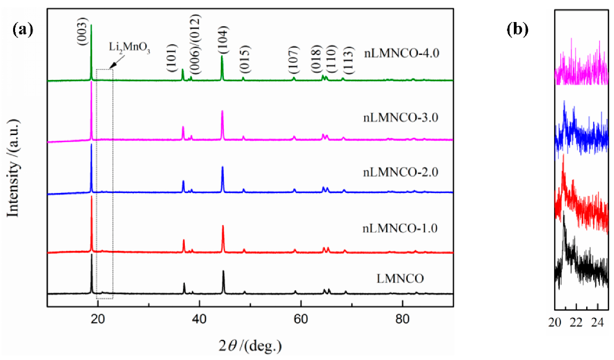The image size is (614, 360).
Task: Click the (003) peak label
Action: coord(83,32)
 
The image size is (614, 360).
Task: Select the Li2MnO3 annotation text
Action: coord(129,48)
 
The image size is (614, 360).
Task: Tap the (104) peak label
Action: coord(222,40)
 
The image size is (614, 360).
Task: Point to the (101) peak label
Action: coord(171,58)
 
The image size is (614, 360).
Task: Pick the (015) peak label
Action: coord(244,59)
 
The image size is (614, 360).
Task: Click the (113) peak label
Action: coord(348,60)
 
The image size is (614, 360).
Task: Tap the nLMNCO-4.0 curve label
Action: coord(401,53)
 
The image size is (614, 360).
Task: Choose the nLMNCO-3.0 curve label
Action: coord(401,118)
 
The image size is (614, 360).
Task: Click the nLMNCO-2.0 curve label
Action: coord(401,172)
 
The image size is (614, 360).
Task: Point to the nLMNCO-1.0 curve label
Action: coord(400,228)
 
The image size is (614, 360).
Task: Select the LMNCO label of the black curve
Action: coord(400,278)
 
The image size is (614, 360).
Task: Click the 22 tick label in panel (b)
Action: coord(576,322)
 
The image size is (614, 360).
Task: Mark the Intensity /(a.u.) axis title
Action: coord(13,168)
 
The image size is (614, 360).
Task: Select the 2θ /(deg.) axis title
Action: coord(250,345)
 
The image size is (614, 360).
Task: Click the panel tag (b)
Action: coord(517,29)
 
